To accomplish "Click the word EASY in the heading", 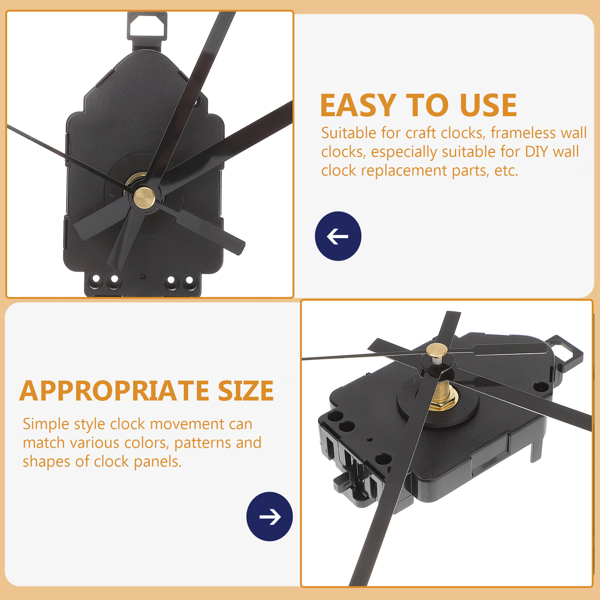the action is pyautogui.click(x=358, y=105).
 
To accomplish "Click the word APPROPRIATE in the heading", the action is pyautogui.click(x=114, y=391).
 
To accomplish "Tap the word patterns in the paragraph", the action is pyautogui.click(x=202, y=443).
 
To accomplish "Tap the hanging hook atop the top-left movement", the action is pyautogui.click(x=147, y=26).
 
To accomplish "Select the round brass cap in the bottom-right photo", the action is pyautogui.click(x=436, y=350).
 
